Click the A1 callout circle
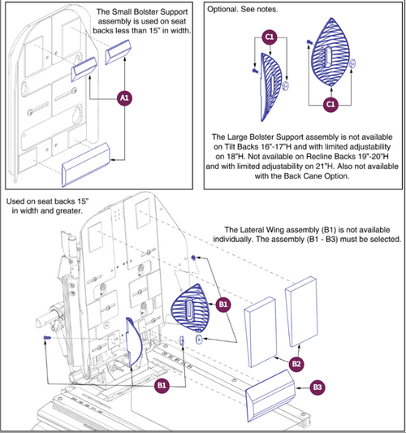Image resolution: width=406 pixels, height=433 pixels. click(x=124, y=97)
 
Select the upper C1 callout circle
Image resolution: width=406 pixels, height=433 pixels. click(x=267, y=37)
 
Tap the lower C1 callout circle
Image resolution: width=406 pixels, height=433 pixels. click(x=330, y=105)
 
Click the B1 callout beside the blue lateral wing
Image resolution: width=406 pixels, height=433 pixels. click(x=225, y=304)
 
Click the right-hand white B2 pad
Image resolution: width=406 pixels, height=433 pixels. click(x=298, y=310)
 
